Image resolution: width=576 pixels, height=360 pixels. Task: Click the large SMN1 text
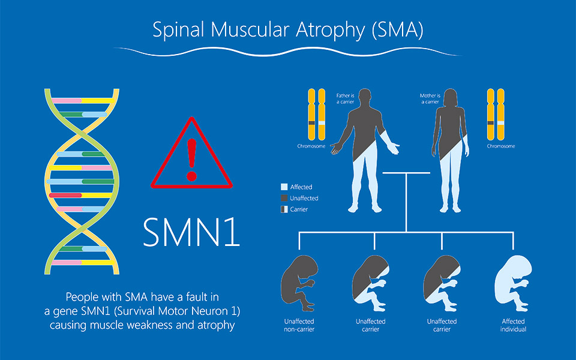point(191,230)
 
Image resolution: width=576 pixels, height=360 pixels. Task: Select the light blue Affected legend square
point(284,187)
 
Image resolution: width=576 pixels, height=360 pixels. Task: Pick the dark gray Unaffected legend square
point(284,198)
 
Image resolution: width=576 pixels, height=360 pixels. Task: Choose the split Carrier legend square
point(284,209)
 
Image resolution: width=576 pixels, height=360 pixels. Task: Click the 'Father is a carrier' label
point(345,98)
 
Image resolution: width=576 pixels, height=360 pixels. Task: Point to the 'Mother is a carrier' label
point(430,98)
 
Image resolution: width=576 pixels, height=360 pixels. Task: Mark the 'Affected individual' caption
point(513,325)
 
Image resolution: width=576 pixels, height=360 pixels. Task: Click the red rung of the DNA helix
point(65,195)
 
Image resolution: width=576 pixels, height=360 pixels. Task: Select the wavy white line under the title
point(288,50)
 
